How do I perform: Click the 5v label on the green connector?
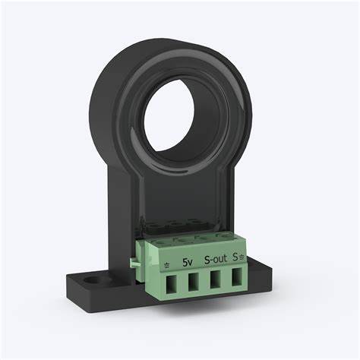188,263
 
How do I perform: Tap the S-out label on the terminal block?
216,260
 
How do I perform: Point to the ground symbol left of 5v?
167,265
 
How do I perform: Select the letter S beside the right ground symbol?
235,257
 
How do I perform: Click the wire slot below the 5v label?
193,282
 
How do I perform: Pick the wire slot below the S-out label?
216,279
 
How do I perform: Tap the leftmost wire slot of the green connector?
171,284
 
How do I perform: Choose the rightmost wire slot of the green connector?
237,277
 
